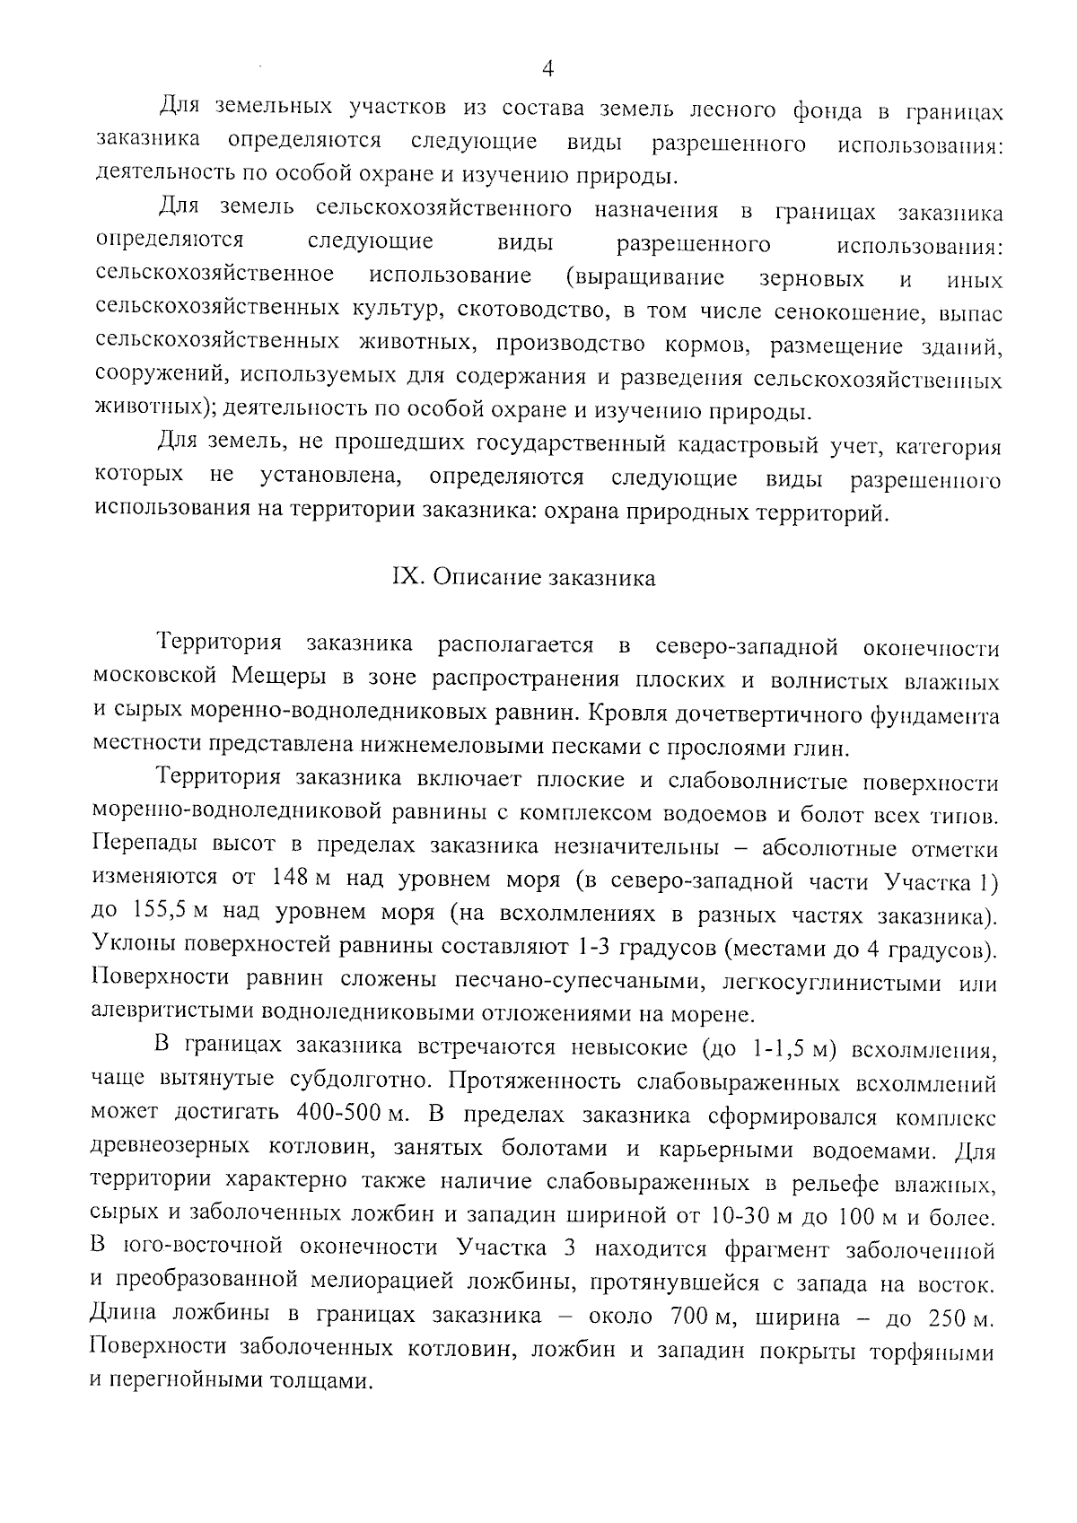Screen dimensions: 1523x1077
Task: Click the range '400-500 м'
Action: point(351,1114)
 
